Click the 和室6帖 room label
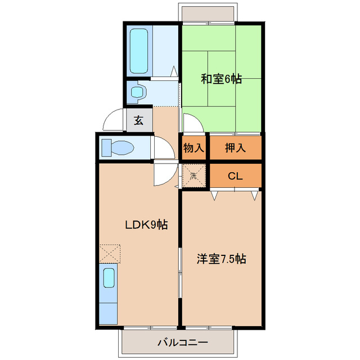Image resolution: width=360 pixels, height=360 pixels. pyautogui.click(x=222, y=79)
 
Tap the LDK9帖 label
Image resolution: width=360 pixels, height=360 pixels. pyautogui.click(x=146, y=224)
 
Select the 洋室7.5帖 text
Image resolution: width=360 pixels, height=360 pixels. pyautogui.click(x=221, y=259)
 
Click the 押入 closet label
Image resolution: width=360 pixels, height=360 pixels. pyautogui.click(x=235, y=148)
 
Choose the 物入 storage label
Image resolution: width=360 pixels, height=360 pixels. pyautogui.click(x=193, y=148)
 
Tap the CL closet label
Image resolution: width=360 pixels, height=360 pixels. pyautogui.click(x=235, y=175)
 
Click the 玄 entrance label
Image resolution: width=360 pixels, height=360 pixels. pyautogui.click(x=138, y=120)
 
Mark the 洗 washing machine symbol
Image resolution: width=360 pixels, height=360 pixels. pyautogui.click(x=193, y=175)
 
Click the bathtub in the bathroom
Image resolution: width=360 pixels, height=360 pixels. pyautogui.click(x=138, y=51)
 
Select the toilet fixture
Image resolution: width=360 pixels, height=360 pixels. pyautogui.click(x=118, y=148)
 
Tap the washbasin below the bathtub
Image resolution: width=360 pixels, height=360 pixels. pyautogui.click(x=137, y=92)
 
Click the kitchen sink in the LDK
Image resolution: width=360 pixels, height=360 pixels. pyautogui.click(x=109, y=278)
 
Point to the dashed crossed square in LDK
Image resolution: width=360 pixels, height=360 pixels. pyautogui.click(x=110, y=253)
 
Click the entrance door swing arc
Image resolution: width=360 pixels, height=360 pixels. pyautogui.click(x=114, y=118)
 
